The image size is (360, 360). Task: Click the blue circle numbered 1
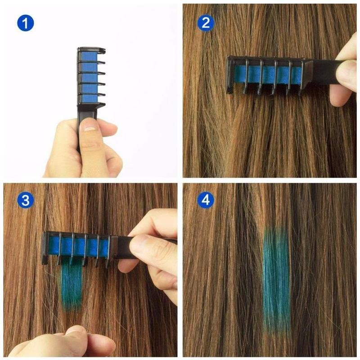(26, 22)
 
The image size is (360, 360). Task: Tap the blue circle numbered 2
(205, 22)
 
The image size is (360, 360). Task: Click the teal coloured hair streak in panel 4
(275, 279)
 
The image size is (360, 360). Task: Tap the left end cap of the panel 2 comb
(230, 74)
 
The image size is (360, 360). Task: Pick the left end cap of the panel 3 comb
(45, 247)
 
